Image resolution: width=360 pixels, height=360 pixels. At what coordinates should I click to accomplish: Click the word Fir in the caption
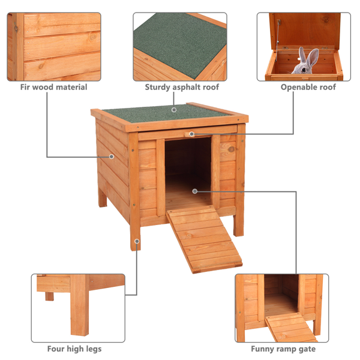[25, 87]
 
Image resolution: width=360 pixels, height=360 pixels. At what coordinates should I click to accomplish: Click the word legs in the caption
[94, 349]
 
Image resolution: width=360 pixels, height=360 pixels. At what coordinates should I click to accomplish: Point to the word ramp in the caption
[285, 349]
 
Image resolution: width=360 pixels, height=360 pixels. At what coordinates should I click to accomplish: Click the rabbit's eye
[304, 70]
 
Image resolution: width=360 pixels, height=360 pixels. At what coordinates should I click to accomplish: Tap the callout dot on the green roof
[174, 110]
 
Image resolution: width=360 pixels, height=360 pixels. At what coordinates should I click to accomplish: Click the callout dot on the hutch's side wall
[112, 157]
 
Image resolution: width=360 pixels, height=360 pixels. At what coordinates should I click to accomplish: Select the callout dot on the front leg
[137, 241]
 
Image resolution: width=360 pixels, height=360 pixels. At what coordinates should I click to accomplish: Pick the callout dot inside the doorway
[195, 191]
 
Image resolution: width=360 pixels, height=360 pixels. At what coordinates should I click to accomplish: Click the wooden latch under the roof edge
[190, 134]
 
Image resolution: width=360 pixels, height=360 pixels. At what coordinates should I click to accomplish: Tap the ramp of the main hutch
[204, 239]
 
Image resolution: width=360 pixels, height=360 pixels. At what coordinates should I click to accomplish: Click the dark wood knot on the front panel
[232, 149]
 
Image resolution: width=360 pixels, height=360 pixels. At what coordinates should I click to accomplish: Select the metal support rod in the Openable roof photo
[278, 41]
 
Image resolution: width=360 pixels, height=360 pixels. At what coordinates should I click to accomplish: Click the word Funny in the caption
[262, 349]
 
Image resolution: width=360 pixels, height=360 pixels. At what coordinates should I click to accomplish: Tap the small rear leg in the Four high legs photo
[49, 296]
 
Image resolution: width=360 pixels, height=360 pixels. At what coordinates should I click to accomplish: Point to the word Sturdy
[157, 88]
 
